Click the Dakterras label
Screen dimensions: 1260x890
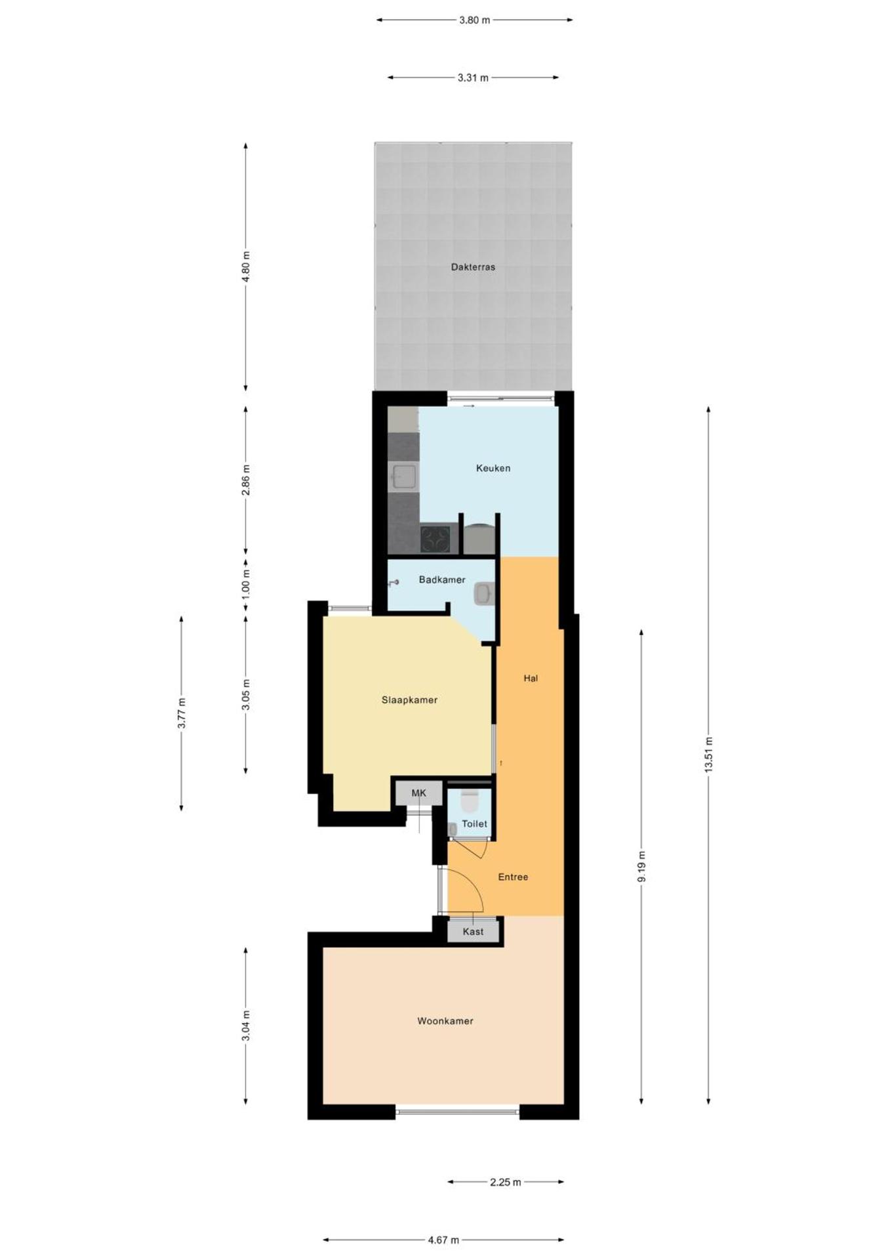pyautogui.click(x=473, y=267)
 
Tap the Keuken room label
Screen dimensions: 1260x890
pyautogui.click(x=493, y=468)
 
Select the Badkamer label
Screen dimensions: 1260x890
pyautogui.click(x=442, y=579)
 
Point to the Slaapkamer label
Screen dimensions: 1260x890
pyautogui.click(x=409, y=700)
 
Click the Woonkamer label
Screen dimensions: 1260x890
pyautogui.click(x=445, y=1020)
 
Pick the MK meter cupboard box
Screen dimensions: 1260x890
pyautogui.click(x=418, y=793)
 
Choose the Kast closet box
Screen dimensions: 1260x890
pyautogui.click(x=473, y=931)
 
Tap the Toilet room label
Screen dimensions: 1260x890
pyautogui.click(x=474, y=824)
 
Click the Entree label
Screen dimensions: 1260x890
pyautogui.click(x=513, y=877)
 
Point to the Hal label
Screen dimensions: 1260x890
pyautogui.click(x=531, y=678)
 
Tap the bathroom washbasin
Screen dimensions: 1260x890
pyautogui.click(x=483, y=594)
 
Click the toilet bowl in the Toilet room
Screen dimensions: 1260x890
pyautogui.click(x=470, y=801)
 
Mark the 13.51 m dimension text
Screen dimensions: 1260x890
pyautogui.click(x=708, y=755)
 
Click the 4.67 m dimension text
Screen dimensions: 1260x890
pyautogui.click(x=443, y=1240)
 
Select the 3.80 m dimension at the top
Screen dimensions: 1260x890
pyautogui.click(x=474, y=20)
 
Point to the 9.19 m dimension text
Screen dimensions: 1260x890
pyautogui.click(x=641, y=866)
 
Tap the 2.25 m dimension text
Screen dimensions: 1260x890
pyautogui.click(x=505, y=1182)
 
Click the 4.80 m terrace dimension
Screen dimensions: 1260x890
pyautogui.click(x=246, y=266)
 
